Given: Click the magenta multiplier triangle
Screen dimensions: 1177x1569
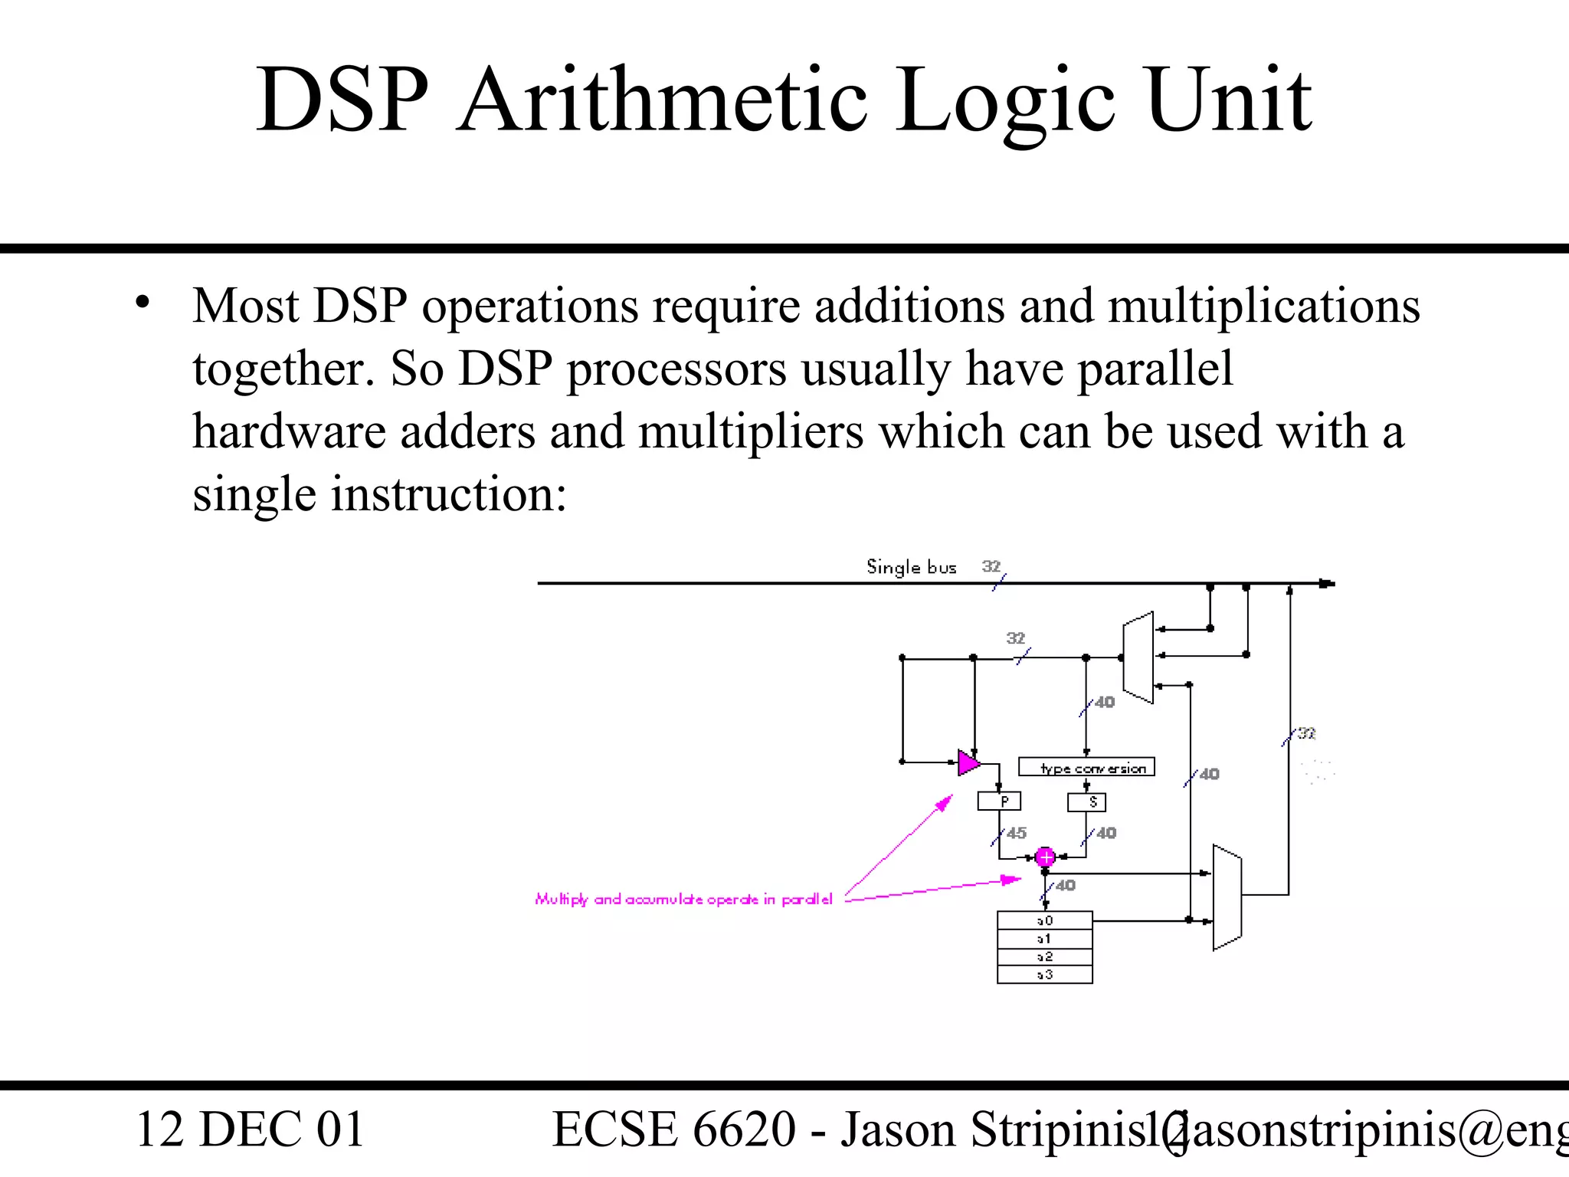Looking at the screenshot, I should click(x=968, y=762).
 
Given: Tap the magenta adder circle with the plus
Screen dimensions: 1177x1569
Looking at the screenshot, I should click(x=1045, y=857).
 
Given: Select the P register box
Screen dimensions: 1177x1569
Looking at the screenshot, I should click(x=999, y=802).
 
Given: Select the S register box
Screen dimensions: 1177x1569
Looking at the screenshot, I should click(x=1086, y=802).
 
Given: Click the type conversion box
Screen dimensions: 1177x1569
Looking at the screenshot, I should click(x=1086, y=767).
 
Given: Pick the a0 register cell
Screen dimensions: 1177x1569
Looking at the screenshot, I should click(x=1045, y=920).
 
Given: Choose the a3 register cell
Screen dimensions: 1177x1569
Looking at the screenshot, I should click(x=1045, y=975).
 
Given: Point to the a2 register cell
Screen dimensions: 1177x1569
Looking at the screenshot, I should click(x=1045, y=957).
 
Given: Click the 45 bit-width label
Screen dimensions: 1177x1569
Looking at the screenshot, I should click(x=1017, y=833).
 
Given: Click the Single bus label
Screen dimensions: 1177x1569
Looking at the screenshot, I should click(x=911, y=567).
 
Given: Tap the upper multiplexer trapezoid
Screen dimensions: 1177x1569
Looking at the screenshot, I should click(x=1138, y=657).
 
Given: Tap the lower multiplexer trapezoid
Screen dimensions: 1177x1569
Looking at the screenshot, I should click(x=1227, y=897).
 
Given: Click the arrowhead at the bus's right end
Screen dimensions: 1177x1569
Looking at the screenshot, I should click(x=1327, y=584).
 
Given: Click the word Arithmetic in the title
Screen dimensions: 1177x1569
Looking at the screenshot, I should click(x=663, y=100).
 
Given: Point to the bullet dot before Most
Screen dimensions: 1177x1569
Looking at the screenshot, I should click(x=142, y=303).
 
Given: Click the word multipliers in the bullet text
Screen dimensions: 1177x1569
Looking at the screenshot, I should click(x=751, y=431).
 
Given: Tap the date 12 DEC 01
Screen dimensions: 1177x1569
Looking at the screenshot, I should click(x=250, y=1129).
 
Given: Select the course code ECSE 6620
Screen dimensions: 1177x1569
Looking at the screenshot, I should click(x=674, y=1129).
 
